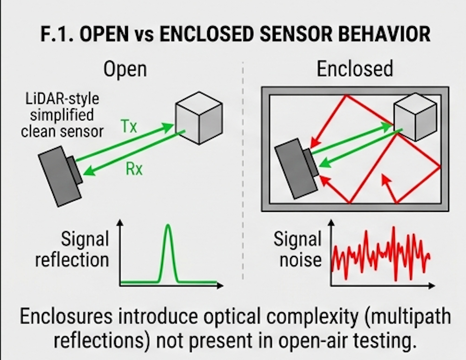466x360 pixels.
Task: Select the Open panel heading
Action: (x=125, y=69)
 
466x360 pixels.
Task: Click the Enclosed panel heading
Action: (x=355, y=69)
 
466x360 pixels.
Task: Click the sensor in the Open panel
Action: (x=60, y=175)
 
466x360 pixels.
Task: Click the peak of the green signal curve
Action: (x=169, y=227)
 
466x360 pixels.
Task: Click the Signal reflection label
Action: (x=73, y=250)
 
